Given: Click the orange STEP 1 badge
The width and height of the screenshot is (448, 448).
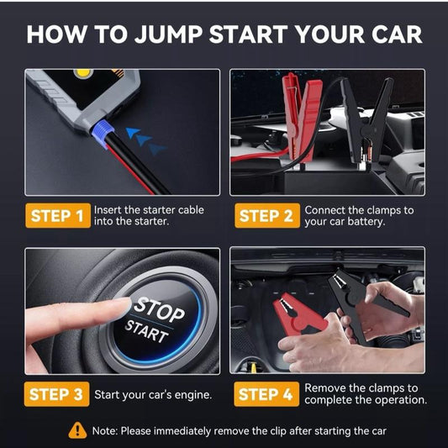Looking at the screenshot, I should click(56, 216).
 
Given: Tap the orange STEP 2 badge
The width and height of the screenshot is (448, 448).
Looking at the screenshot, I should click(265, 216).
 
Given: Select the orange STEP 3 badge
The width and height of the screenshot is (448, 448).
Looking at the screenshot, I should click(56, 394).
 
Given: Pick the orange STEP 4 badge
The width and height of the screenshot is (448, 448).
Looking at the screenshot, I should click(265, 394).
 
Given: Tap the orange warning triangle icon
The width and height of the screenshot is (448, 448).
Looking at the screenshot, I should click(78, 430).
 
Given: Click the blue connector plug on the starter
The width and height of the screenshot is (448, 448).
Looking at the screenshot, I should click(103, 134).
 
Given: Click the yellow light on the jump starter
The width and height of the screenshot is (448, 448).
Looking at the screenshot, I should click(82, 74).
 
